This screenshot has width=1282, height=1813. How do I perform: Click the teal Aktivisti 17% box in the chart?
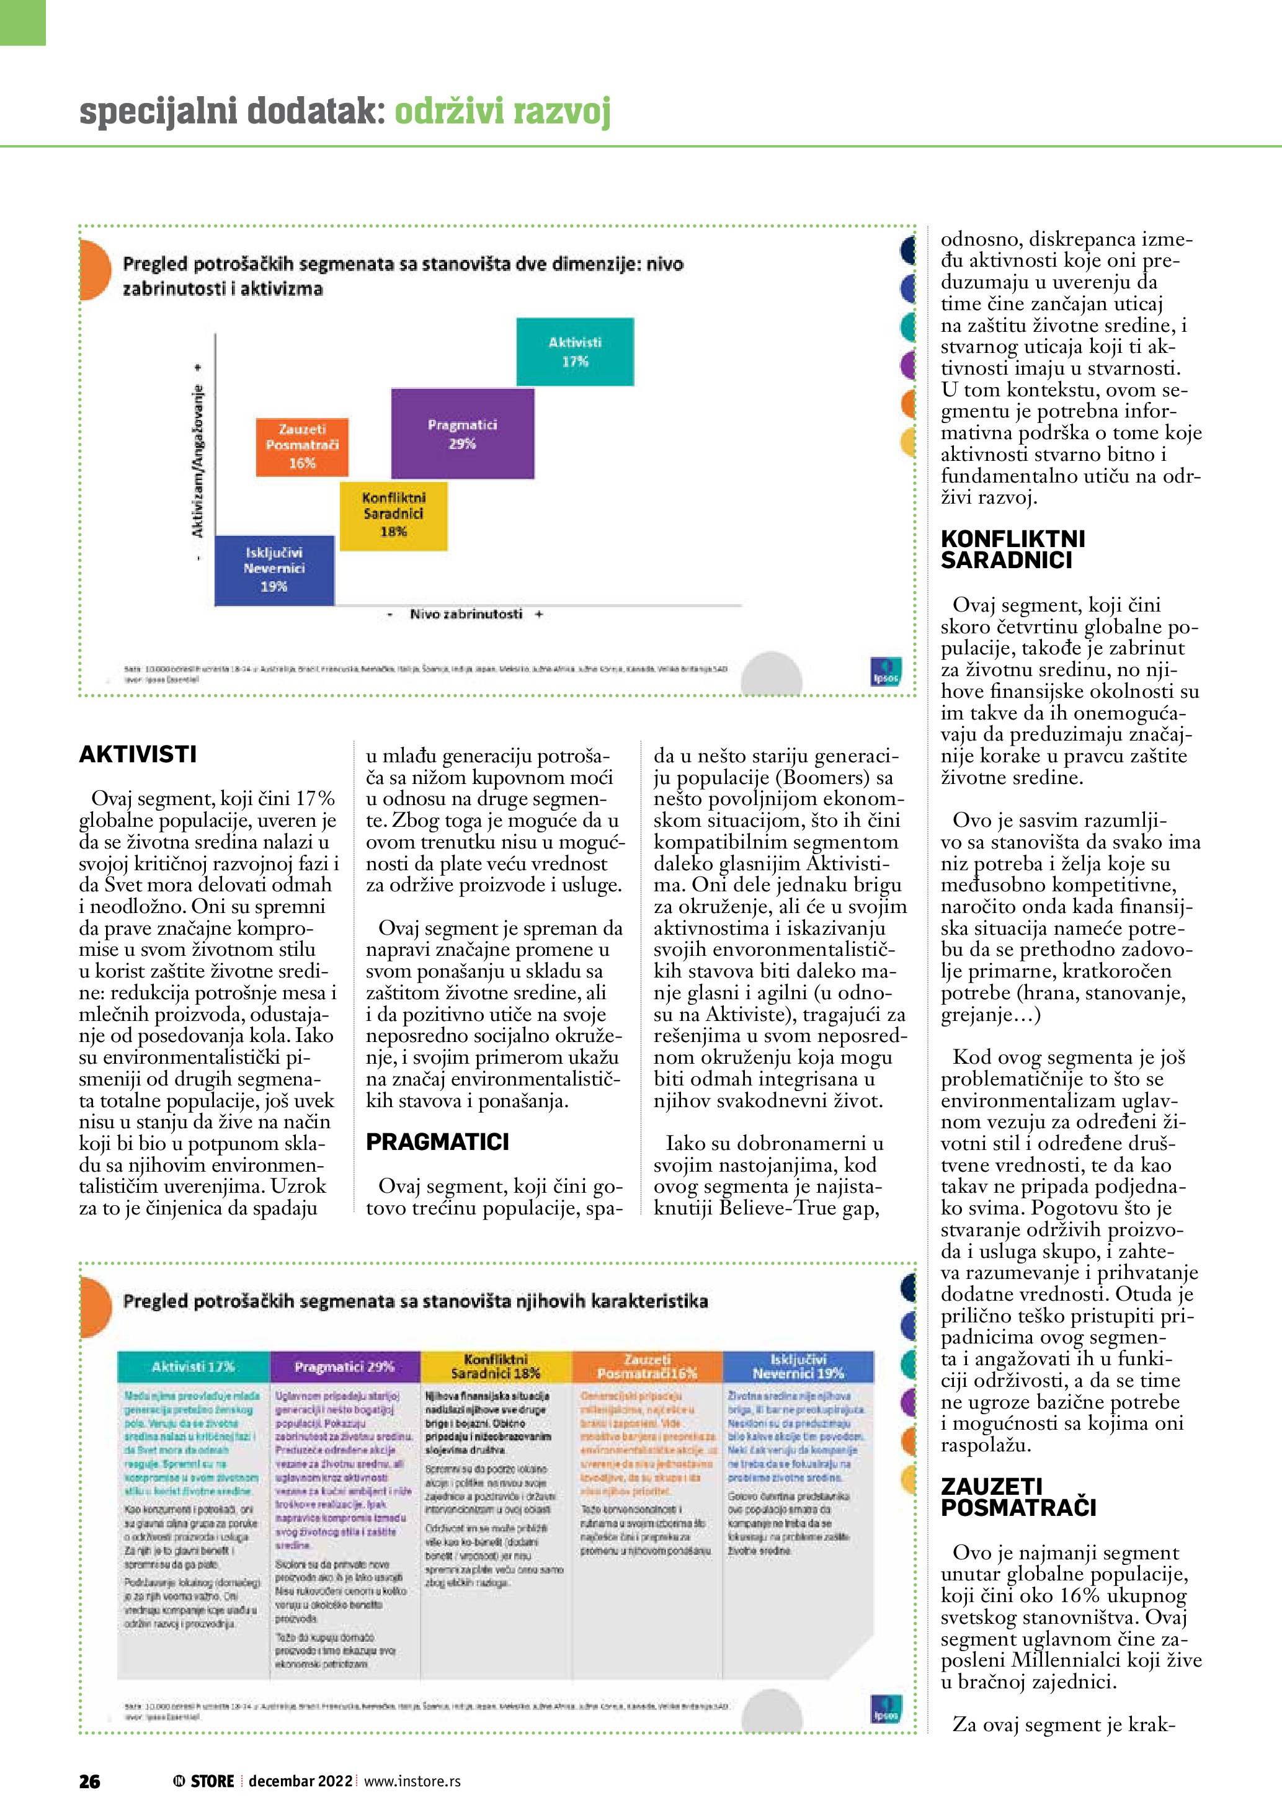[x=575, y=352]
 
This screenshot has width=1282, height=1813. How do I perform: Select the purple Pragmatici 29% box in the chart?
[x=463, y=434]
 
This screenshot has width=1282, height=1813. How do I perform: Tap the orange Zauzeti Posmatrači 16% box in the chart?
[x=301, y=446]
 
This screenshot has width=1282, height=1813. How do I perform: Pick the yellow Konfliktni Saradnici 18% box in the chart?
[x=393, y=515]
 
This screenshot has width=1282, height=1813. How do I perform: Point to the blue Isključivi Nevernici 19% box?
[x=274, y=569]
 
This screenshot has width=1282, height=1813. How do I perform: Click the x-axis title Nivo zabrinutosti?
[x=466, y=614]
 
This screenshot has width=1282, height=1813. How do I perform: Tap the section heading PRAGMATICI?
[x=437, y=1142]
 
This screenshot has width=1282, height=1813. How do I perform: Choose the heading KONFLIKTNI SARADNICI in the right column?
[x=1013, y=550]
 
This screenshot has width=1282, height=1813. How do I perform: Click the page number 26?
[x=90, y=1781]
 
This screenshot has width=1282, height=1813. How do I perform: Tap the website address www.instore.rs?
[x=412, y=1781]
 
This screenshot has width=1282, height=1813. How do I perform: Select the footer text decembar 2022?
[x=301, y=1781]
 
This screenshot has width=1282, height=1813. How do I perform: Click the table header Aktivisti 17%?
[x=194, y=1366]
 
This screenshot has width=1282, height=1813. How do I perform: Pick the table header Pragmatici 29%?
[x=344, y=1366]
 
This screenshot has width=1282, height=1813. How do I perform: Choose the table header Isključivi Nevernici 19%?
[x=798, y=1366]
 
